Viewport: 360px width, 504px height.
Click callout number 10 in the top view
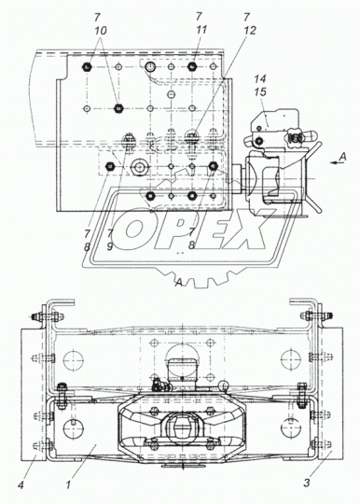tap(101, 31)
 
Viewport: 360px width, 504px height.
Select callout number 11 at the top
tap(201, 30)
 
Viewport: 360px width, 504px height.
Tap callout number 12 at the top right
tap(250, 30)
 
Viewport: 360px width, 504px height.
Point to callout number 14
tap(260, 78)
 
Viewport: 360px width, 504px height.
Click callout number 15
tap(260, 91)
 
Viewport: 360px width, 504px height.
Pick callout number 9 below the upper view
tap(110, 246)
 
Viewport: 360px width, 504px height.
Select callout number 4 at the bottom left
tap(21, 484)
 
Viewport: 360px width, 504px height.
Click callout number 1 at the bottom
tap(68, 484)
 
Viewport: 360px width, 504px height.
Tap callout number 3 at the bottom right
tap(307, 483)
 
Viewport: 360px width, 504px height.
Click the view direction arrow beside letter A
tap(336, 163)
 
